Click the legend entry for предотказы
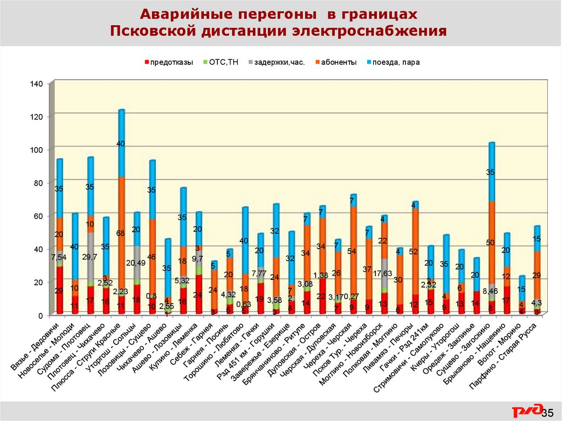click(172, 62)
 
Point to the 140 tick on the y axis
click(36, 83)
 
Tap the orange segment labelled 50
click(492, 242)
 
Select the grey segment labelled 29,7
click(90, 257)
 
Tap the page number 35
click(547, 412)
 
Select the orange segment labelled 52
click(415, 251)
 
